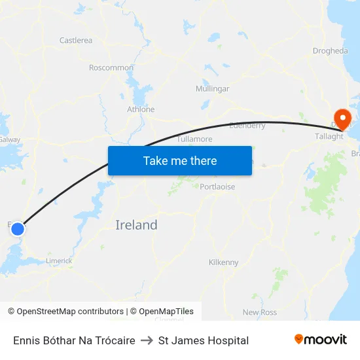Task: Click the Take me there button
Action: click(x=180, y=160)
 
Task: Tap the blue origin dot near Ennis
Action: click(x=18, y=229)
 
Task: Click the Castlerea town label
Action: click(x=76, y=41)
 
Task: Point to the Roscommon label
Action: click(x=111, y=67)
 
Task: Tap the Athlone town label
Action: click(x=141, y=109)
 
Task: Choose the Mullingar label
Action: click(x=213, y=88)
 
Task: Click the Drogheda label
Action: click(x=331, y=50)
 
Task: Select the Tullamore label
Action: click(x=195, y=139)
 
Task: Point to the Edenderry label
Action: click(x=247, y=126)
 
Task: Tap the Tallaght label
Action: click(x=329, y=136)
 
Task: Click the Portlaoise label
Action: click(x=217, y=187)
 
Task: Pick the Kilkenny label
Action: click(x=223, y=262)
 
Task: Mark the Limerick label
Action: click(x=59, y=261)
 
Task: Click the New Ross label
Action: click(x=260, y=312)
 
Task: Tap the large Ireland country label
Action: click(x=136, y=225)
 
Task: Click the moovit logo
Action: click(x=321, y=340)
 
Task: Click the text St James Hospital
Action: click(x=204, y=340)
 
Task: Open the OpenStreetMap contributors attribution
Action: click(x=65, y=312)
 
